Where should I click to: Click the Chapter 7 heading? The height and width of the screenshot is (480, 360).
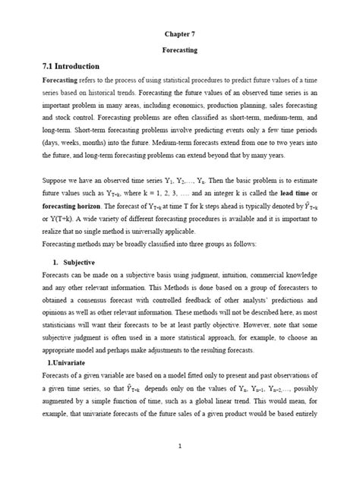[x=180, y=34]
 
